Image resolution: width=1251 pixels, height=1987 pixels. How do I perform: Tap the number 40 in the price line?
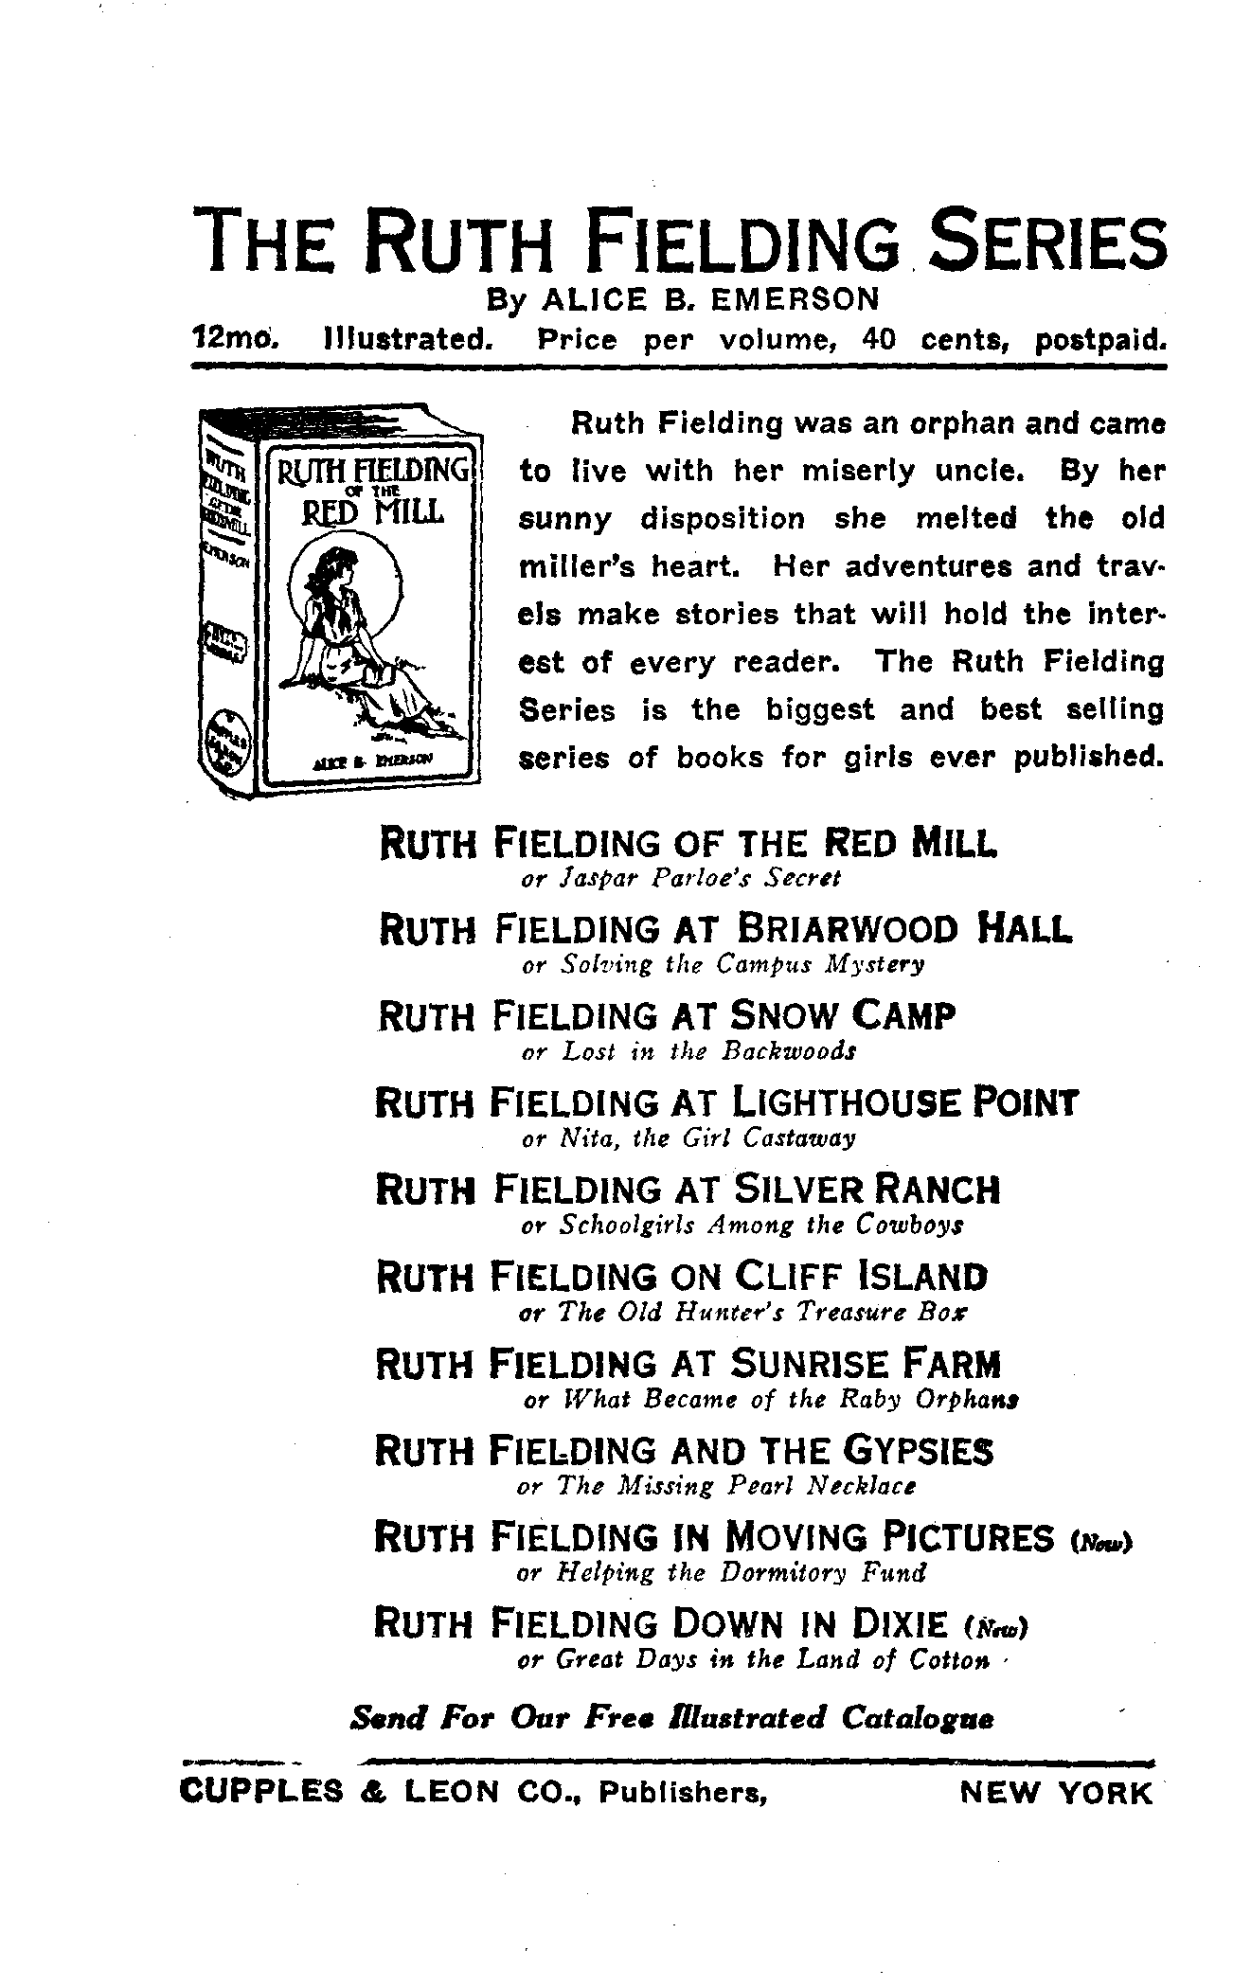coord(879,339)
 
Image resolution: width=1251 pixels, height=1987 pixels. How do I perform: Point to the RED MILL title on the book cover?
coord(372,511)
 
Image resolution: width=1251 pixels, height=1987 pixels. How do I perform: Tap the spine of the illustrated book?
coord(225,606)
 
